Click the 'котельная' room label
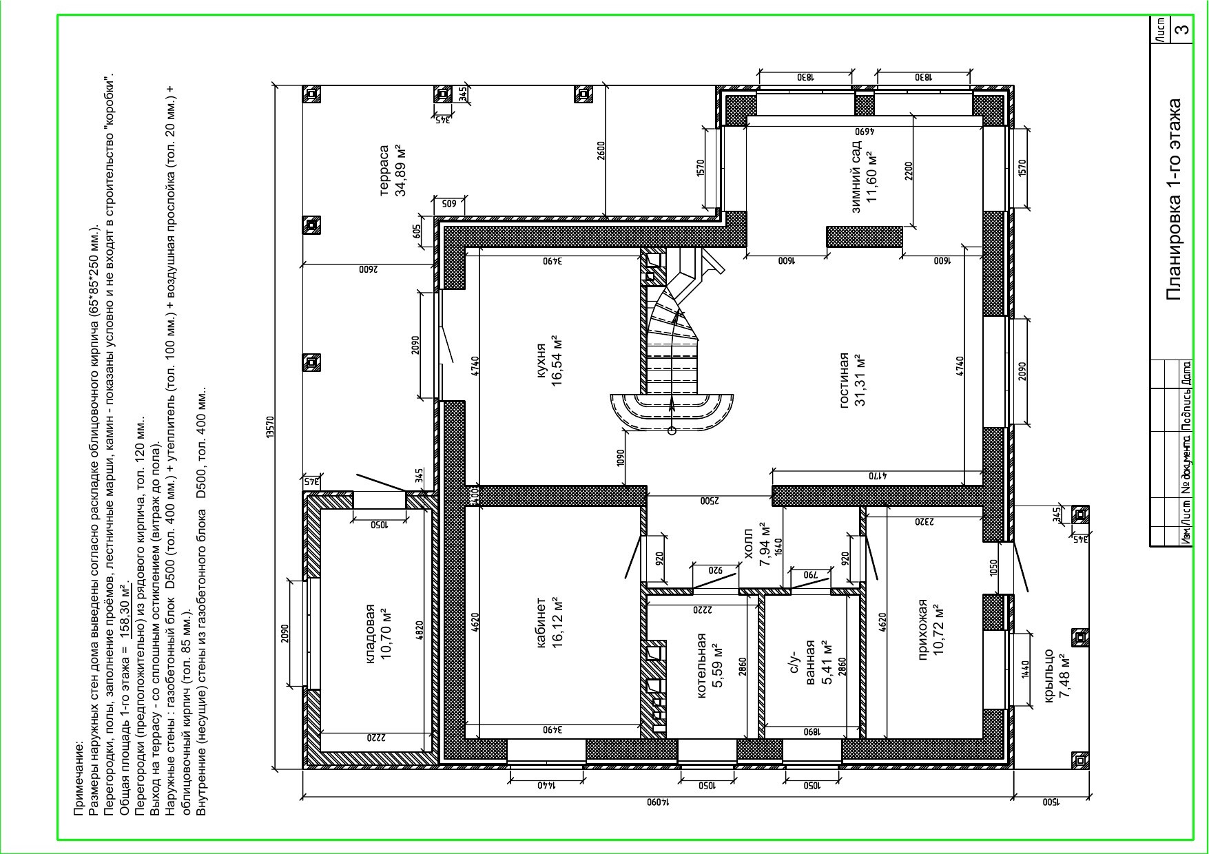[x=702, y=666]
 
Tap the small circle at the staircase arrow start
[x=672, y=431]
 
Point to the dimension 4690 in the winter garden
[x=865, y=130]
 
